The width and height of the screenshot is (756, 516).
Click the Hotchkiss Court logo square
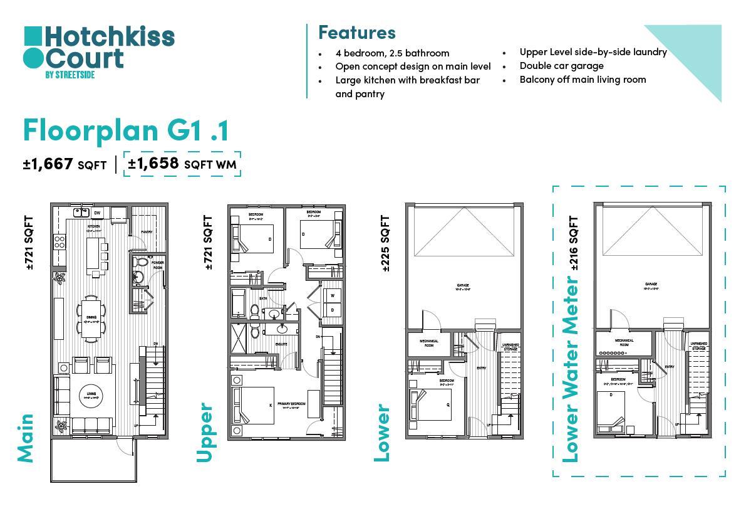pos(33,36)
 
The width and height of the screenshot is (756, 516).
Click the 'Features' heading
pos(356,32)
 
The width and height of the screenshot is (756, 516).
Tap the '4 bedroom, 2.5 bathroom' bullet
pos(392,53)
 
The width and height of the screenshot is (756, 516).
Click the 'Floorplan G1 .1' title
pos(126,130)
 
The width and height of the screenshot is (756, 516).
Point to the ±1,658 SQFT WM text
pos(182,164)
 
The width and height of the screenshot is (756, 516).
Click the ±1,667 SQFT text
pos(65,164)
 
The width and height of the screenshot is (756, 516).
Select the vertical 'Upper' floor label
pos(205,433)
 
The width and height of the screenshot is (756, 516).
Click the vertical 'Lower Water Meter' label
pos(570,369)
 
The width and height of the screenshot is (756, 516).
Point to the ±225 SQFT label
pos(385,243)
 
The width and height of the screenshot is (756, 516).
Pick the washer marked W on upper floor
pos(332,295)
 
